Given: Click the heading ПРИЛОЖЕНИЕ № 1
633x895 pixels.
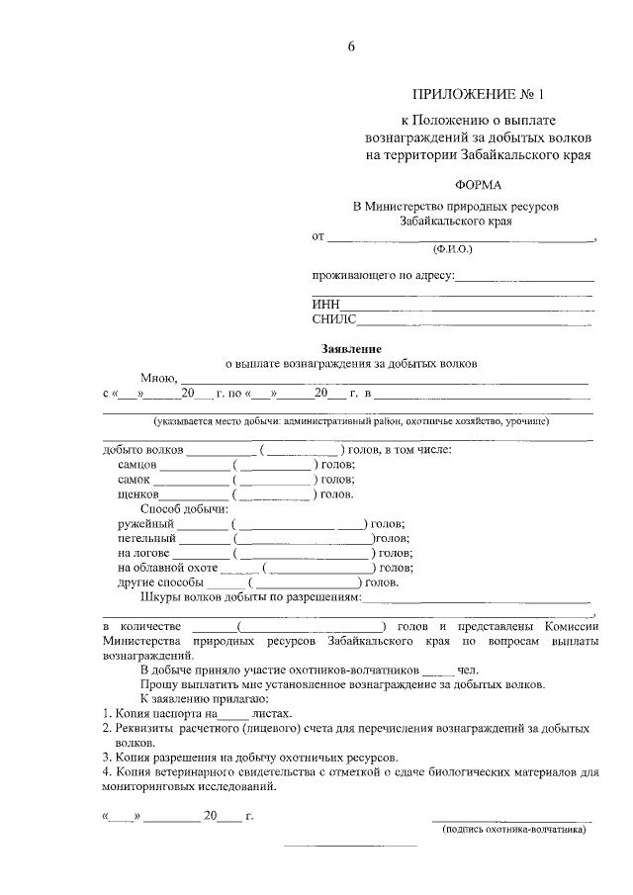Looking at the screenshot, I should [x=479, y=94].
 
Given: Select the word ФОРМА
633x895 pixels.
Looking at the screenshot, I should [x=479, y=186].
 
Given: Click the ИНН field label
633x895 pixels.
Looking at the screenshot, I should [x=325, y=306].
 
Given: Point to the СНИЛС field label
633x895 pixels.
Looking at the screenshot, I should [x=333, y=320].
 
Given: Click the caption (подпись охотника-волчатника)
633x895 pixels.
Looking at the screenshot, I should [x=513, y=831].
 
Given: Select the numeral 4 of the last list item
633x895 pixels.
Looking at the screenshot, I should [x=107, y=771].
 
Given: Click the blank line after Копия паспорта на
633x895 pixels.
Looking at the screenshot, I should [x=232, y=714].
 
